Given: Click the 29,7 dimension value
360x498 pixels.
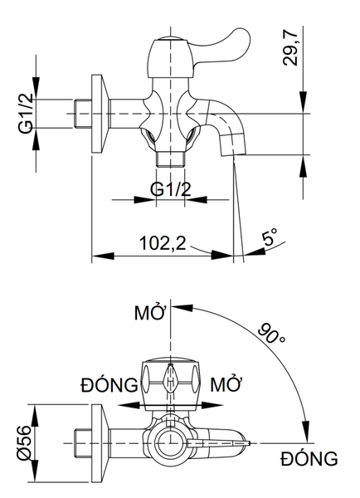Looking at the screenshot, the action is coord(290,49).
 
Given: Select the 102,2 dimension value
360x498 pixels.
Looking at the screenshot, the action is coord(163,243).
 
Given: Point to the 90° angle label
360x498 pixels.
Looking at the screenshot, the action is coord(271,334).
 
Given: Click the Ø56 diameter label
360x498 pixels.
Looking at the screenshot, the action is coord(24,442).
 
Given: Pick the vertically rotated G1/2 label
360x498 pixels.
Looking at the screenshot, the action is coord(25,114).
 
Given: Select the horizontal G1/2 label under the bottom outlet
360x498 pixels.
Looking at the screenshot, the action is coord(171,189).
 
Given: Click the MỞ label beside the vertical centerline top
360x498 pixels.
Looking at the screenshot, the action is coord(150,312).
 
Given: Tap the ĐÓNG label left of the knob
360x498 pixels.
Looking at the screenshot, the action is coord(109,385).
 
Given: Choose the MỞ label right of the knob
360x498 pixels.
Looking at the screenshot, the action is coord(226,384).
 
